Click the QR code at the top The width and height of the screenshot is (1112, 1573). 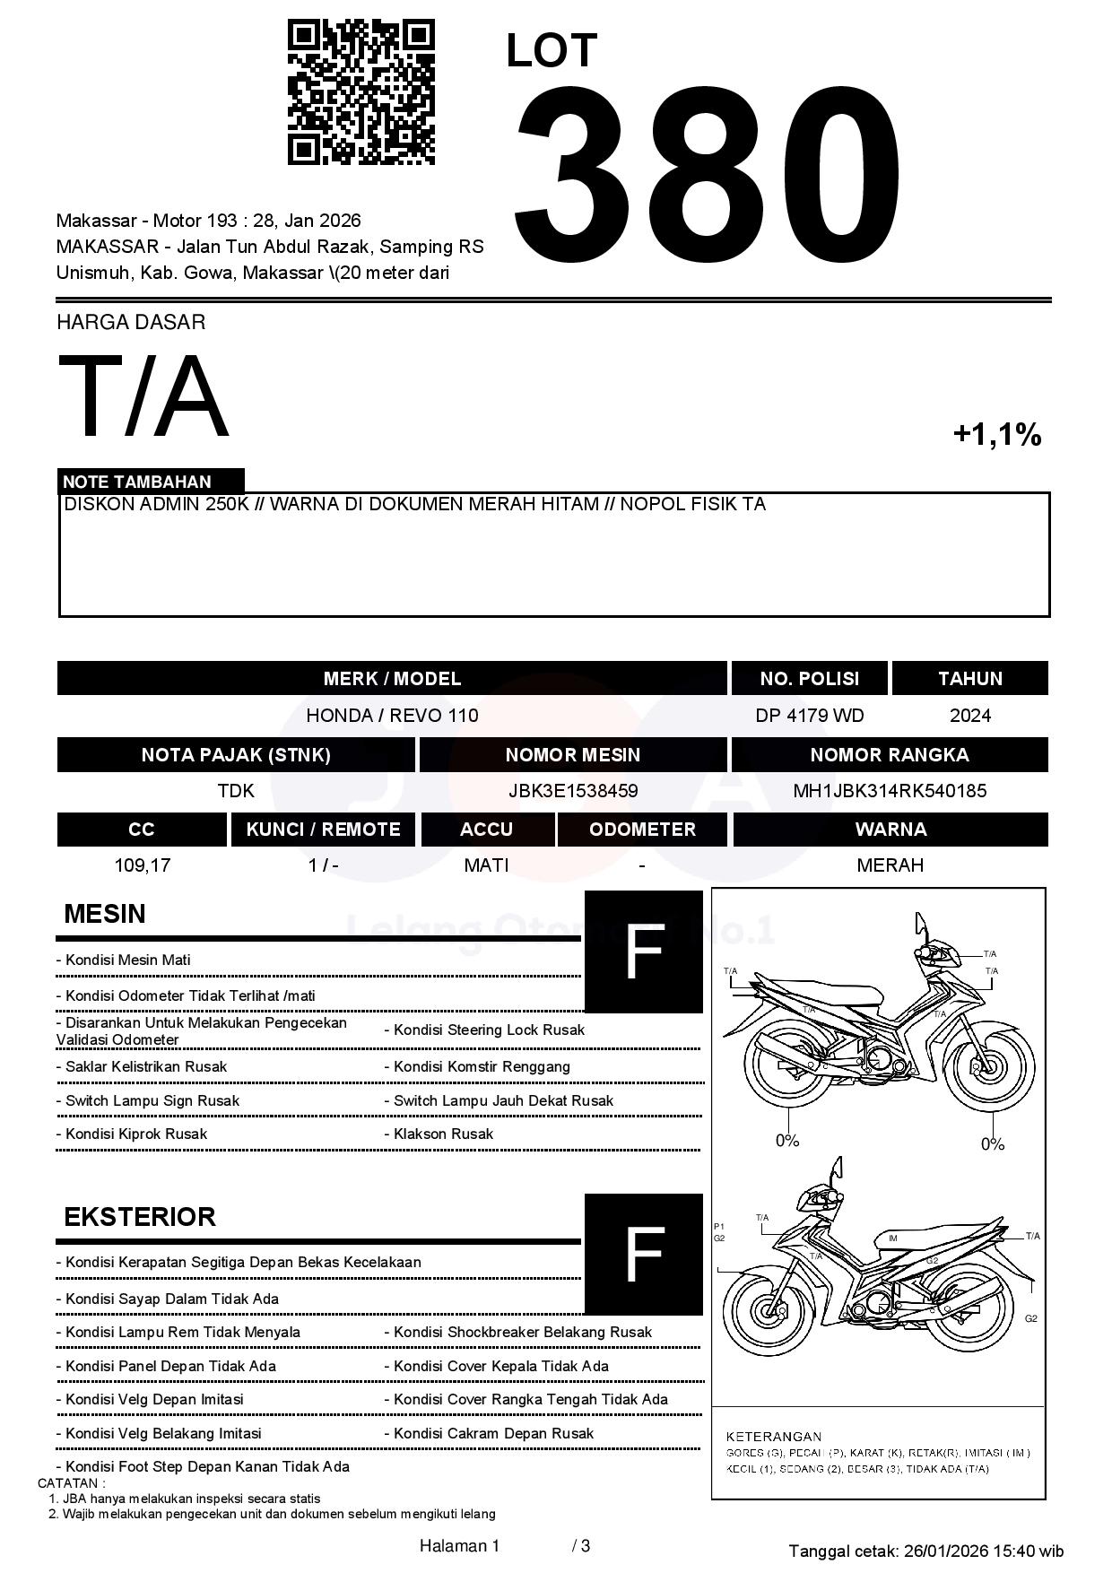[361, 92]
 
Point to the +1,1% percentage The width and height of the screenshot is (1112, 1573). [996, 435]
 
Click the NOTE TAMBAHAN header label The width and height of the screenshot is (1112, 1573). [137, 482]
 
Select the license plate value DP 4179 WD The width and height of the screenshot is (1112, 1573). [809, 716]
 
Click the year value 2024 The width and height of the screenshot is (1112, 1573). [969, 716]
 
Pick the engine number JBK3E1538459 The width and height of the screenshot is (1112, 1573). [573, 791]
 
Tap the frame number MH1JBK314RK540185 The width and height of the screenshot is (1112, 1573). [890, 791]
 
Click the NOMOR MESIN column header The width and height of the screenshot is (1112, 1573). [573, 754]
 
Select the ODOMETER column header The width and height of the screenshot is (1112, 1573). [642, 830]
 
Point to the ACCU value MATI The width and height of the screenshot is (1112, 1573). [486, 865]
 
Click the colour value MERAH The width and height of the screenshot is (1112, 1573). [890, 865]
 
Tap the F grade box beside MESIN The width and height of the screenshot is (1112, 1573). [643, 952]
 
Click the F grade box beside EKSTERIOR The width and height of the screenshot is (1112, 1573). [643, 1254]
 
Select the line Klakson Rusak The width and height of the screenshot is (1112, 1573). [443, 1134]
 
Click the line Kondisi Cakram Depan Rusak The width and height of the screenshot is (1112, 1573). [493, 1434]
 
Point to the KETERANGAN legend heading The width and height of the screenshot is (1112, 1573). [773, 1436]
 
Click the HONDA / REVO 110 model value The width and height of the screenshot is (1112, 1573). [392, 716]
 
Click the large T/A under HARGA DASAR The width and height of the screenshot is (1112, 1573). [143, 397]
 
